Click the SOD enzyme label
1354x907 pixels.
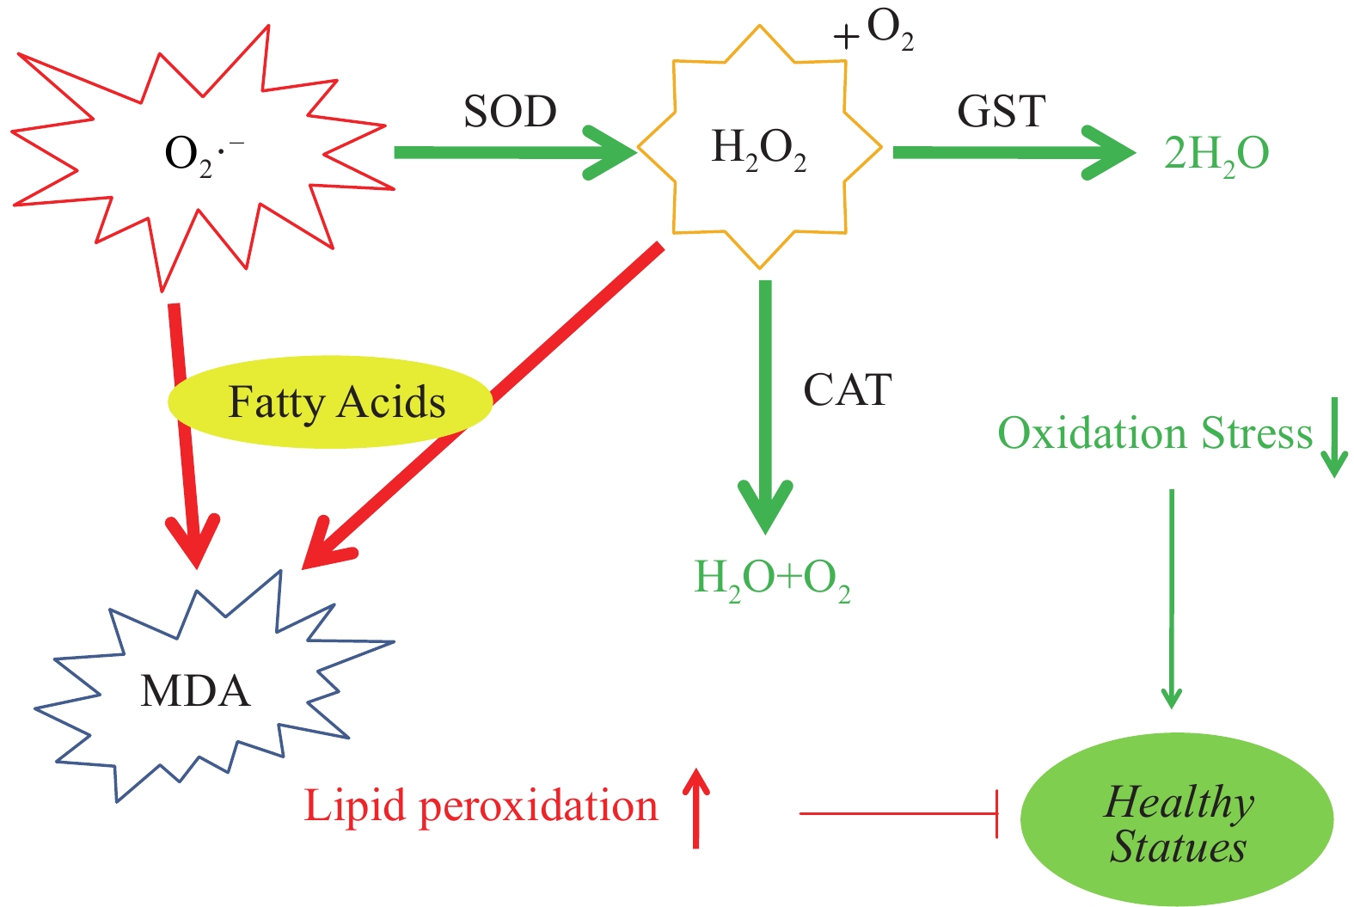pyautogui.click(x=510, y=112)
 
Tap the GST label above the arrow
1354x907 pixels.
pyautogui.click(x=1001, y=112)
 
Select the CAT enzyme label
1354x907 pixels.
pyautogui.click(x=847, y=390)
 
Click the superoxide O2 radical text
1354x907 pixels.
pyautogui.click(x=203, y=155)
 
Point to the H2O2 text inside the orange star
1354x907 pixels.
pyautogui.click(x=759, y=149)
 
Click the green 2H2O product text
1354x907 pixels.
pyautogui.click(x=1216, y=155)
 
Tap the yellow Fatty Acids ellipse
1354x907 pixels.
pyautogui.click(x=330, y=402)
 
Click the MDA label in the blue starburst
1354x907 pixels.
pyautogui.click(x=195, y=691)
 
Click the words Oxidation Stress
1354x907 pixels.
pyautogui.click(x=1155, y=433)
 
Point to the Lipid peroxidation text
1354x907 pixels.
pyautogui.click(x=481, y=806)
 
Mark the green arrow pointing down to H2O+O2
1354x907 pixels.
pyautogui.click(x=765, y=404)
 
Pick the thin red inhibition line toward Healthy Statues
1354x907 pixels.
pyautogui.click(x=898, y=813)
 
